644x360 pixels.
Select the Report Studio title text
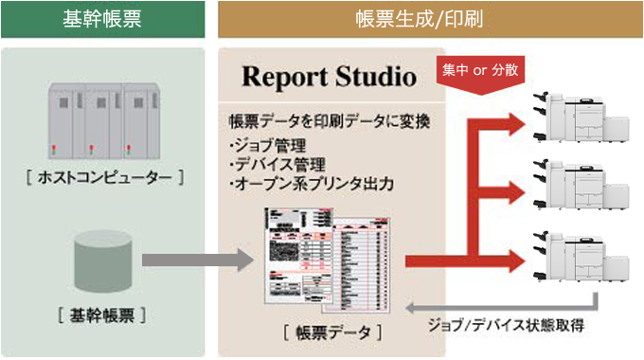328,75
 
